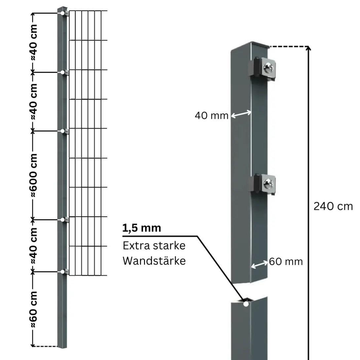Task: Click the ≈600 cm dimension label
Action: click(x=33, y=175)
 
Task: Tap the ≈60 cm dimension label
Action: click(x=33, y=309)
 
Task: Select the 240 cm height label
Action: click(x=333, y=206)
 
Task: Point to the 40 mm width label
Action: click(x=211, y=116)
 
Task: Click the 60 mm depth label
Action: click(x=286, y=262)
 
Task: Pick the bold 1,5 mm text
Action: click(x=142, y=228)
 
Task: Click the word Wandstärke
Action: click(x=154, y=261)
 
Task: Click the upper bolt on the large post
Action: click(x=269, y=68)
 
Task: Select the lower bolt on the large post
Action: click(x=269, y=184)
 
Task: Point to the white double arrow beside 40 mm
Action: click(x=241, y=114)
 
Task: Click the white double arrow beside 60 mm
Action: click(x=260, y=264)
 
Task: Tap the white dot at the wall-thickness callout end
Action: click(x=246, y=304)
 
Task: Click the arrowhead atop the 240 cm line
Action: click(x=308, y=48)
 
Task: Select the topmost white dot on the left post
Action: click(x=62, y=13)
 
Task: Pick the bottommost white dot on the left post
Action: click(x=62, y=272)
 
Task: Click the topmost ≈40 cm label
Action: click(x=33, y=43)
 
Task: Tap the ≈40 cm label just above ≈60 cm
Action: click(x=33, y=246)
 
